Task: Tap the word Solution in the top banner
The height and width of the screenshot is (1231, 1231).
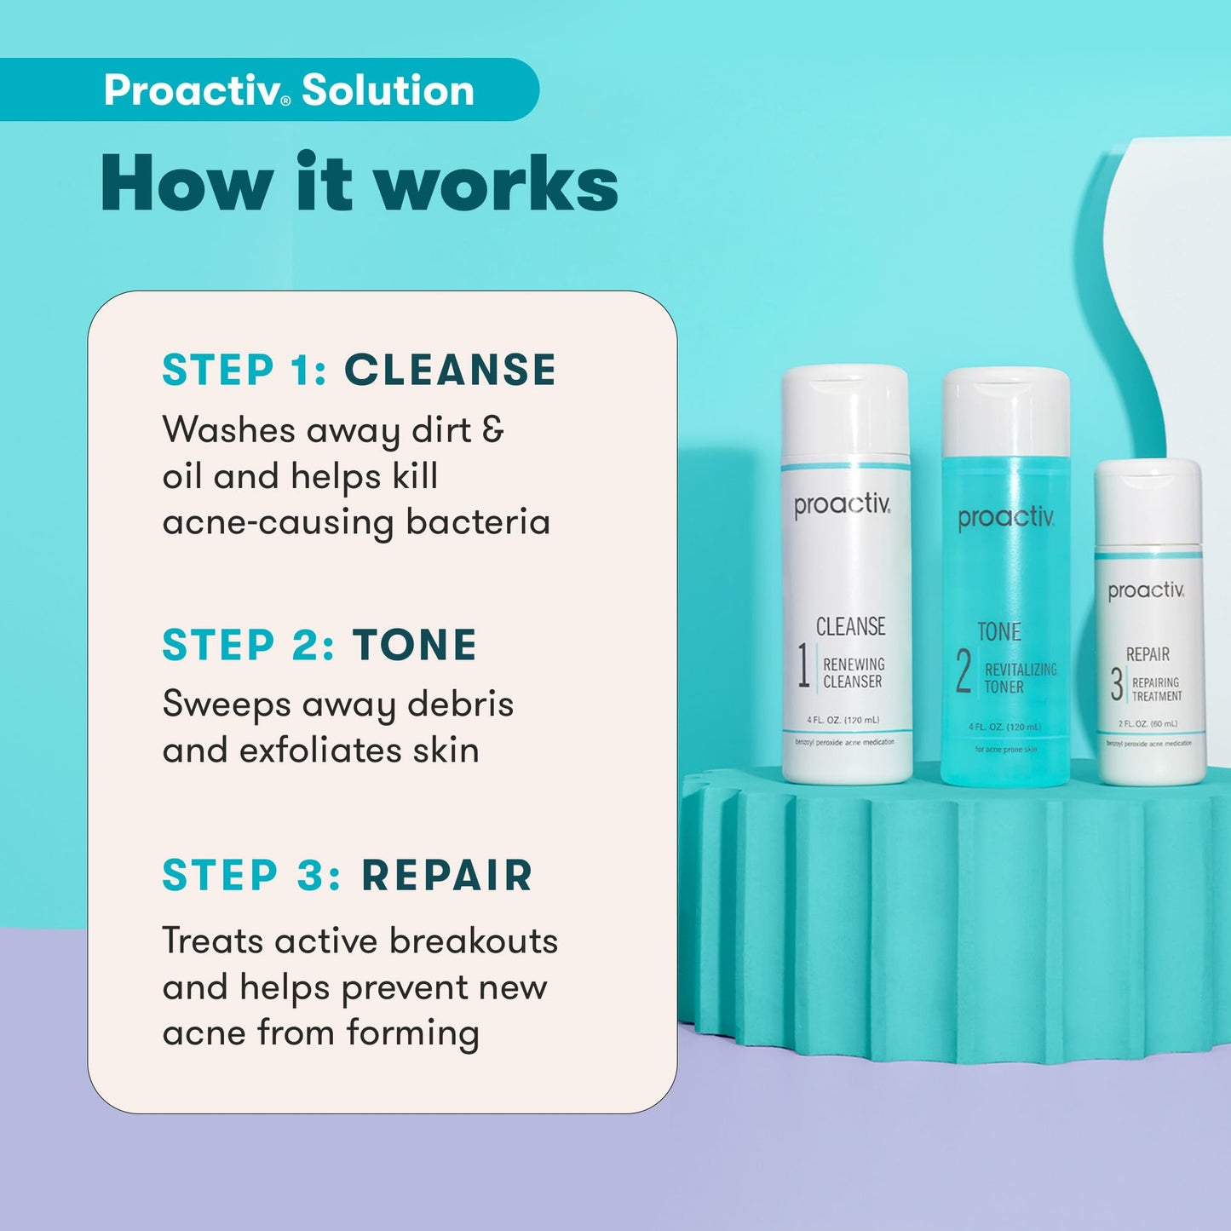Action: (x=388, y=90)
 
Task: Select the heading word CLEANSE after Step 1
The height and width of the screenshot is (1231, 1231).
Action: (x=450, y=371)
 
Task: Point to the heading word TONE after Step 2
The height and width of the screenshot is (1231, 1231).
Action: (x=415, y=645)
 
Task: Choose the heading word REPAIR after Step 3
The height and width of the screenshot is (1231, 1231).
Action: (x=447, y=876)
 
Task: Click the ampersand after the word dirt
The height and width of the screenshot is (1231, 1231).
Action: (x=493, y=429)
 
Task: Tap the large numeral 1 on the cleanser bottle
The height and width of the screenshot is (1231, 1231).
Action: (x=802, y=665)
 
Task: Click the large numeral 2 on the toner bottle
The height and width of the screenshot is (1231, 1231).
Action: (x=964, y=671)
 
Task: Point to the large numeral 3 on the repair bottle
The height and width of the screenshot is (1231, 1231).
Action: (x=1116, y=685)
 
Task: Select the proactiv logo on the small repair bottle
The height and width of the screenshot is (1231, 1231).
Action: (x=1146, y=590)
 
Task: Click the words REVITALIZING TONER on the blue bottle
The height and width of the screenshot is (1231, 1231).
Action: (x=1020, y=678)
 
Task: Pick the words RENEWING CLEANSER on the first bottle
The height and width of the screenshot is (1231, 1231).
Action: (x=854, y=673)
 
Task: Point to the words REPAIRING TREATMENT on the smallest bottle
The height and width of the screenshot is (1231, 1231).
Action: (x=1156, y=689)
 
